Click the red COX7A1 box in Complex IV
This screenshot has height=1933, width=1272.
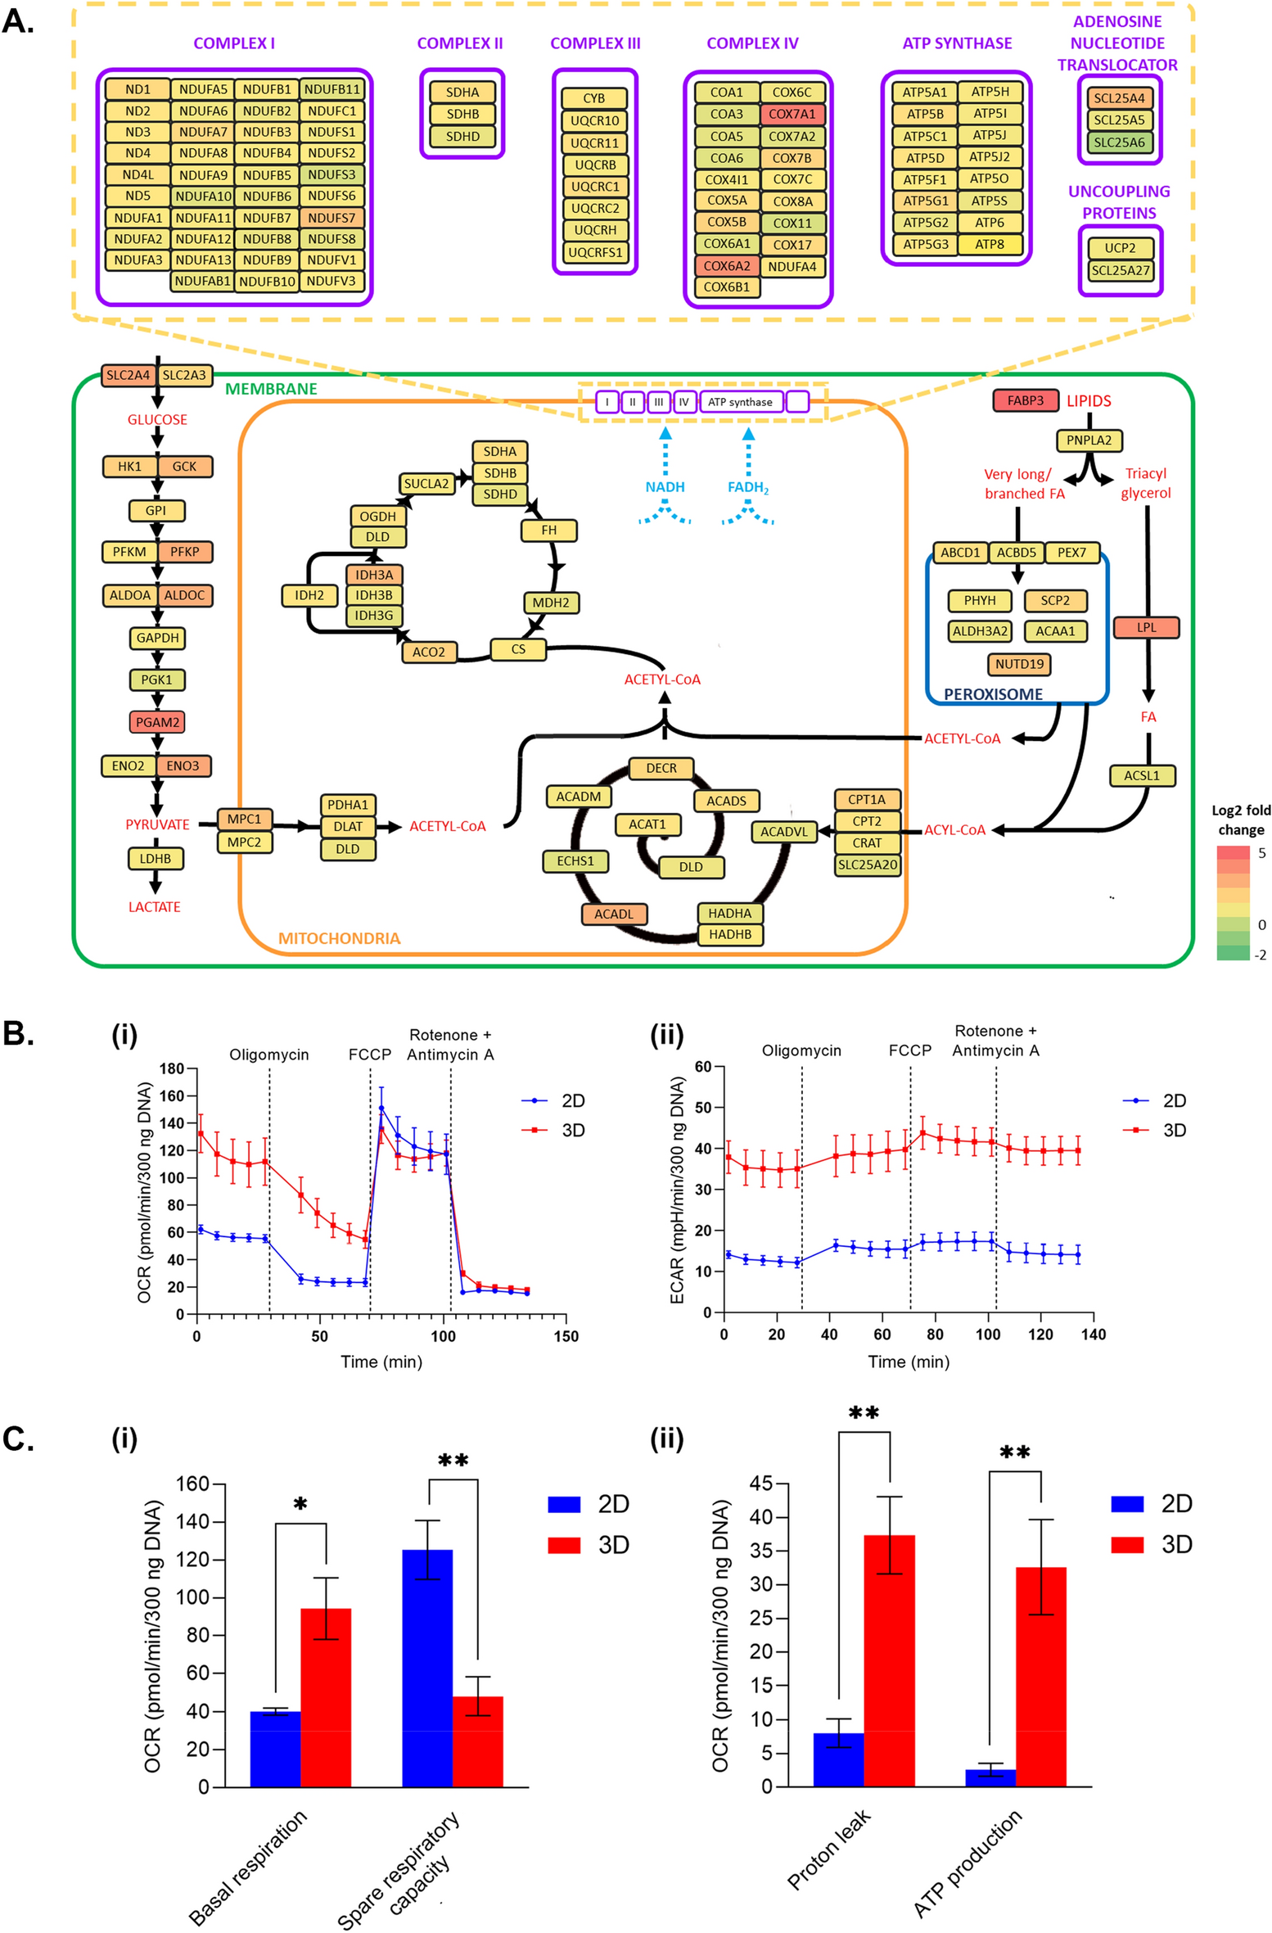click(x=792, y=115)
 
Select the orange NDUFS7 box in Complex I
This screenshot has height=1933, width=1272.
click(x=332, y=218)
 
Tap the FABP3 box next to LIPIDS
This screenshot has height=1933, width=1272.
click(x=1025, y=400)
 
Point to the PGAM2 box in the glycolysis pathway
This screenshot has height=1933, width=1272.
click(x=156, y=722)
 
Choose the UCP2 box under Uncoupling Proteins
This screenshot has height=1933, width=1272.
click(x=1119, y=248)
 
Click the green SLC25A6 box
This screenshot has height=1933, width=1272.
click(x=1119, y=142)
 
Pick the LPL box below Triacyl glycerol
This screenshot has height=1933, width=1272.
click(x=1146, y=628)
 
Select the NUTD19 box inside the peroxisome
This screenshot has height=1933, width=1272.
click(x=1019, y=664)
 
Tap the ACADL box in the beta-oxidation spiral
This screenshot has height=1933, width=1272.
click(x=613, y=914)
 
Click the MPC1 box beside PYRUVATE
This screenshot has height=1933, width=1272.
click(x=244, y=819)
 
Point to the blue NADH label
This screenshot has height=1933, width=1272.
click(x=665, y=487)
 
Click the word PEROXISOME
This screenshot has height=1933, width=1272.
click(x=993, y=694)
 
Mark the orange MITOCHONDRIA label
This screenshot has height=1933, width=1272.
click(x=339, y=938)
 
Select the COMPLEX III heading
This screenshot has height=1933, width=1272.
click(x=595, y=43)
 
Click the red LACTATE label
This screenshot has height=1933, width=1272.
click(x=154, y=907)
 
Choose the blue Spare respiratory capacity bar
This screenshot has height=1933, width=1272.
click(x=427, y=1668)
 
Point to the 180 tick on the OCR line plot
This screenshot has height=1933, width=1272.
click(x=172, y=1068)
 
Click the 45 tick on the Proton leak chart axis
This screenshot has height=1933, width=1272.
click(x=760, y=1484)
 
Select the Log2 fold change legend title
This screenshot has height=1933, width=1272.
click(x=1241, y=820)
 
